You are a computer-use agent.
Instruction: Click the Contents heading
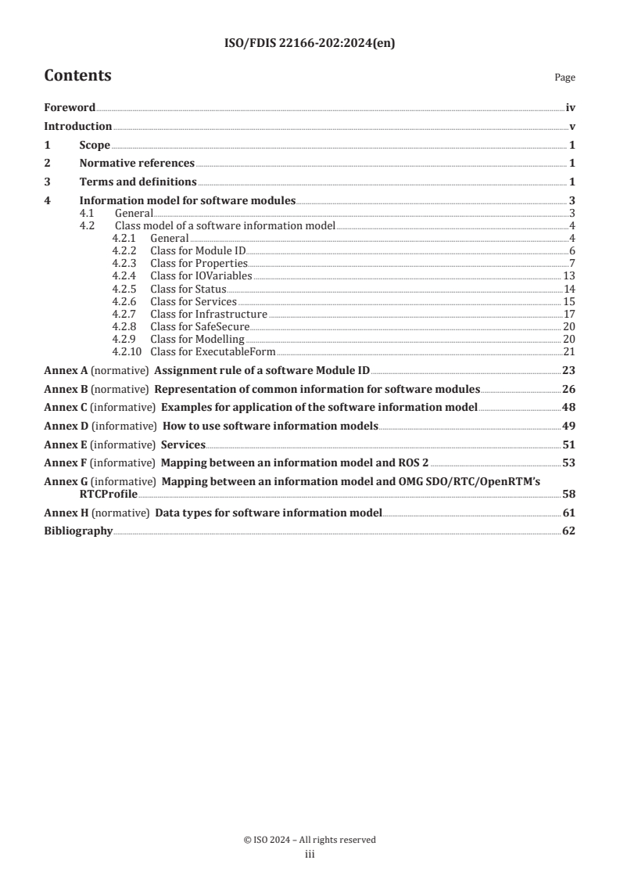tap(77, 76)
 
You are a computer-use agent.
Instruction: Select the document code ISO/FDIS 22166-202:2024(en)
tap(310, 44)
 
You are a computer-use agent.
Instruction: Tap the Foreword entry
tap(70, 108)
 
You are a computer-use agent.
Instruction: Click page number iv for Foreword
tap(571, 108)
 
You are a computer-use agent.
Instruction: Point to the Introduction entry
tap(77, 126)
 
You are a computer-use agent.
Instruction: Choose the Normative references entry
tap(137, 164)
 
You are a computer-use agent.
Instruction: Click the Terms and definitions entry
tap(138, 182)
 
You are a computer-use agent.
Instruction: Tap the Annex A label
tap(60, 370)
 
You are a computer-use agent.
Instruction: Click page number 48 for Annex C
tap(569, 408)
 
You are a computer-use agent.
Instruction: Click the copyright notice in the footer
tap(310, 840)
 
